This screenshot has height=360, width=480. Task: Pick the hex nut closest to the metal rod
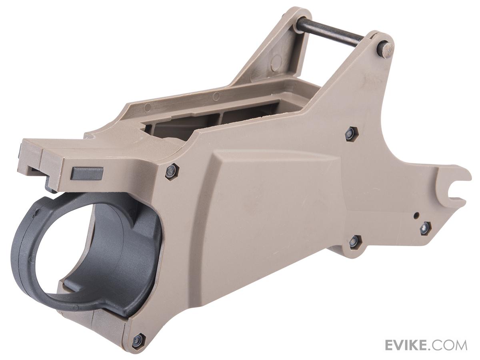pyautogui.click(x=351, y=134)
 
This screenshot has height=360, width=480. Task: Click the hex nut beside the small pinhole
pyautogui.click(x=425, y=228)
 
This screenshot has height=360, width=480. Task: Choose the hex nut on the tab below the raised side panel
pyautogui.click(x=355, y=241)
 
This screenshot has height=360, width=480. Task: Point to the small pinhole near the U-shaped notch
pyautogui.click(x=416, y=215)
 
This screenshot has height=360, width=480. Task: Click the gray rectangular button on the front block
pyautogui.click(x=87, y=173)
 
